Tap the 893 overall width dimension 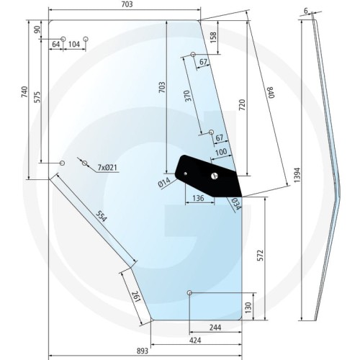click(143, 351)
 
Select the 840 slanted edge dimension click(271, 92)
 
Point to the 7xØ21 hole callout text click(108, 167)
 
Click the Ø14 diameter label click(164, 182)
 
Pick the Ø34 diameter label click(235, 204)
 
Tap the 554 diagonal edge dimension click(101, 216)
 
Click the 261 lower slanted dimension click(136, 297)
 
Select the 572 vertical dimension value click(260, 256)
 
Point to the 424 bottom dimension click(195, 341)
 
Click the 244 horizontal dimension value click(215, 328)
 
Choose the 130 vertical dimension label click(248, 307)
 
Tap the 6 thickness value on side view click(306, 11)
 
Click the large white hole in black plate click(215, 176)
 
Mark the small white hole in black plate click(186, 174)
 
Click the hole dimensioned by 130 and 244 click(189, 293)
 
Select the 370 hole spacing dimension click(188, 96)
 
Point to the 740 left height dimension click(24, 92)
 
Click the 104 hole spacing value click(74, 45)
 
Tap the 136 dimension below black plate click(199, 198)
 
